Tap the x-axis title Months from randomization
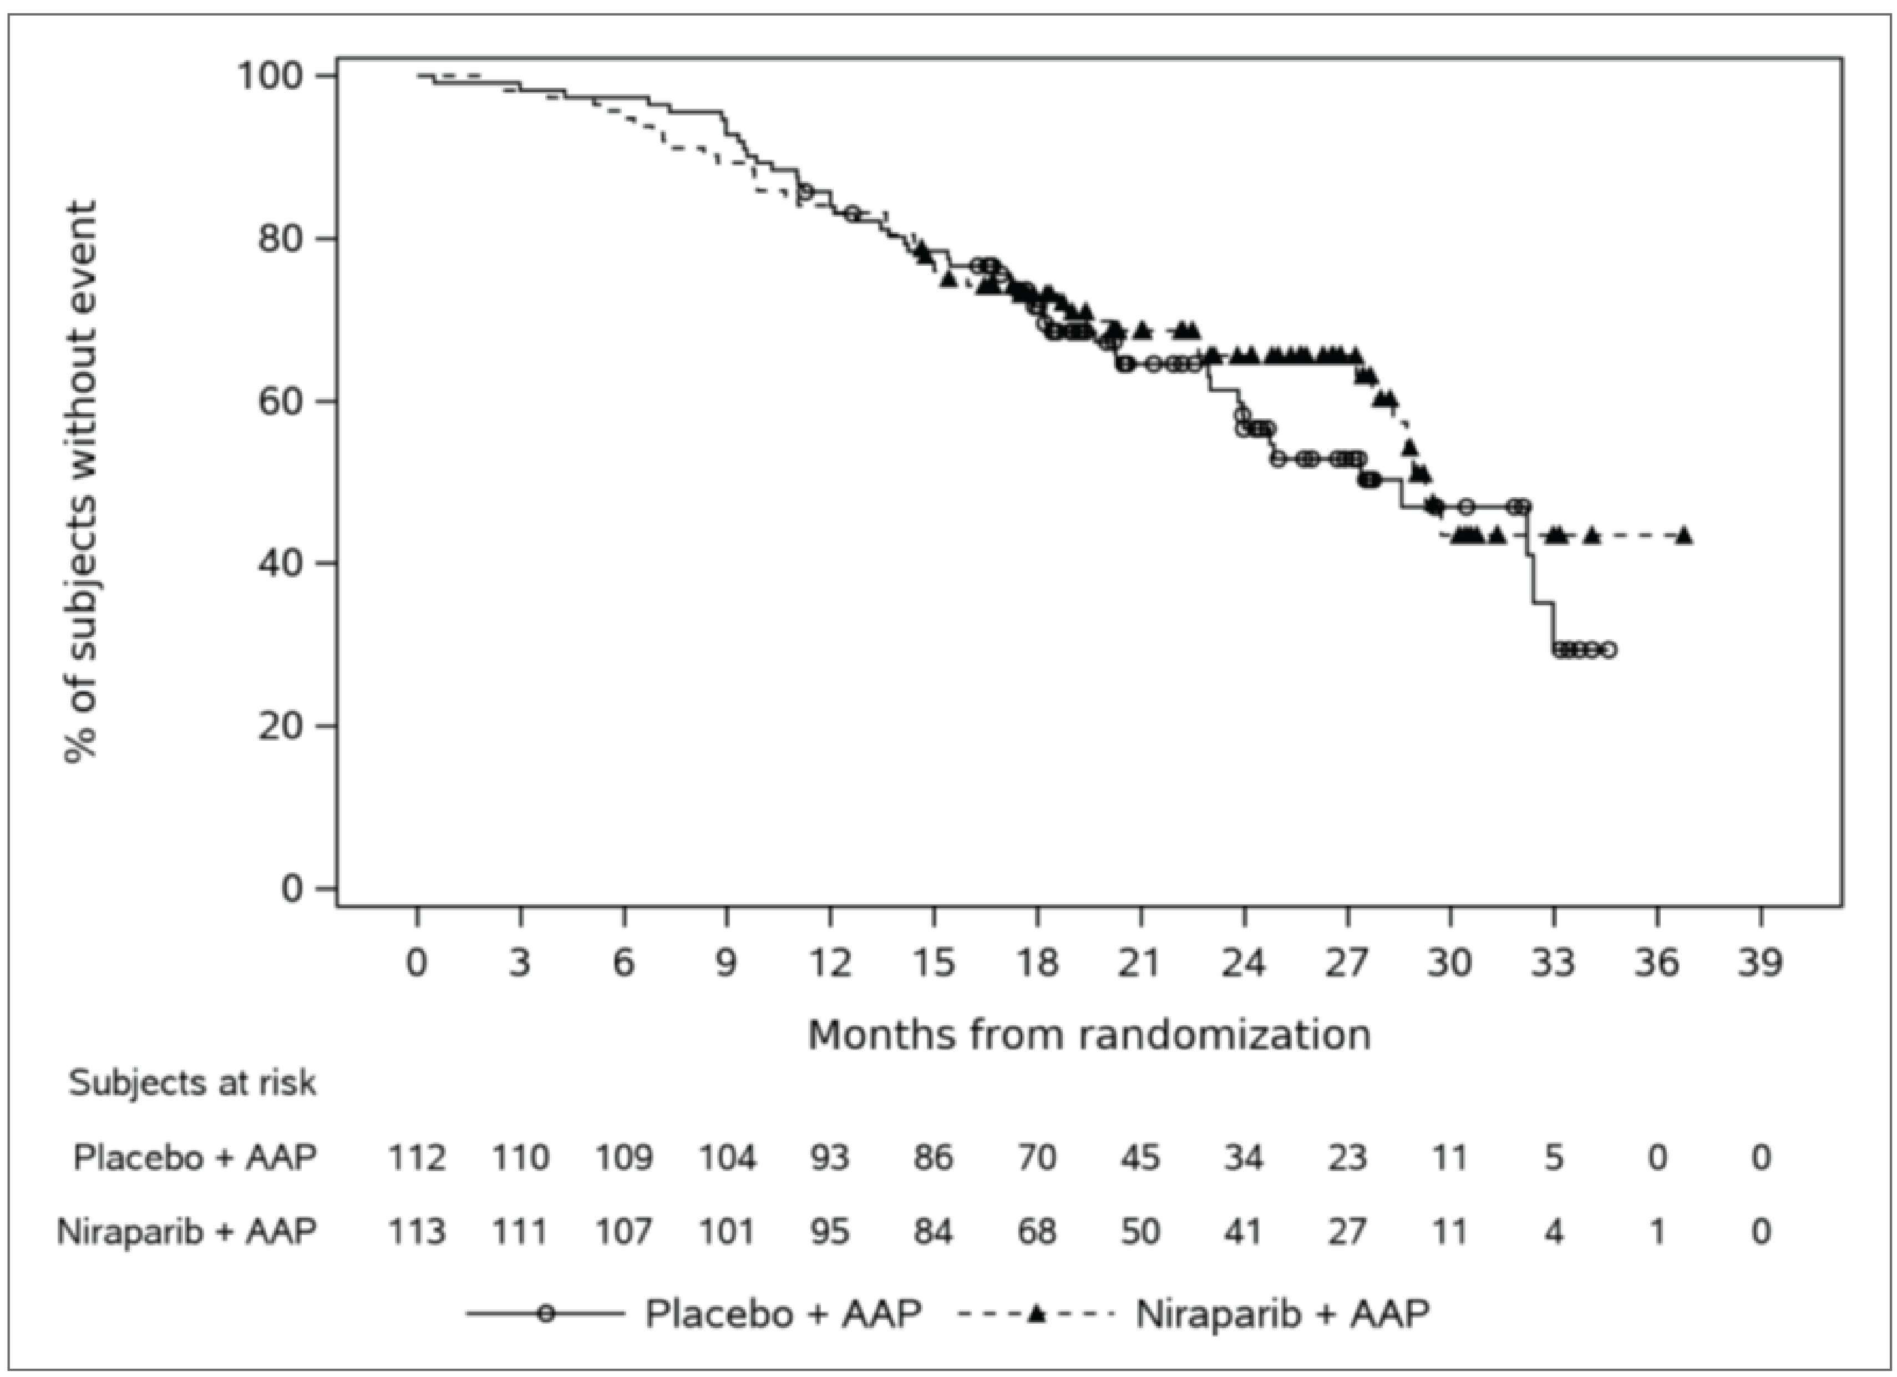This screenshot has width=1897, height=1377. click(x=1089, y=1035)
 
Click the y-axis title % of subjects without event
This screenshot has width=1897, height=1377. click(x=81, y=481)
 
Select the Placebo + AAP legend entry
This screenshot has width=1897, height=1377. click(x=782, y=1313)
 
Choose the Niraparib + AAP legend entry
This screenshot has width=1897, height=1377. click(x=1281, y=1313)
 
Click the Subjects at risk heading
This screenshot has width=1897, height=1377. click(x=192, y=1082)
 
